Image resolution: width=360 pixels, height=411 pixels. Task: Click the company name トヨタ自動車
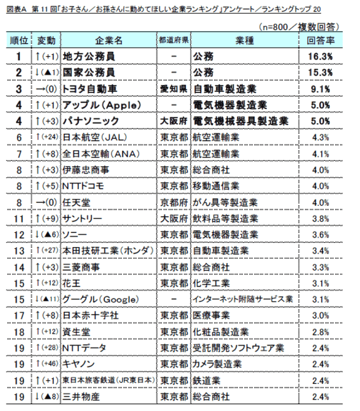coord(91,89)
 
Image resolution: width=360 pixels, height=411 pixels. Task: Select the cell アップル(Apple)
coord(101,105)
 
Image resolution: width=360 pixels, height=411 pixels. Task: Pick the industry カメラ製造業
coord(218,364)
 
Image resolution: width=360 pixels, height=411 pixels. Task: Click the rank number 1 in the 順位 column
coord(19,57)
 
